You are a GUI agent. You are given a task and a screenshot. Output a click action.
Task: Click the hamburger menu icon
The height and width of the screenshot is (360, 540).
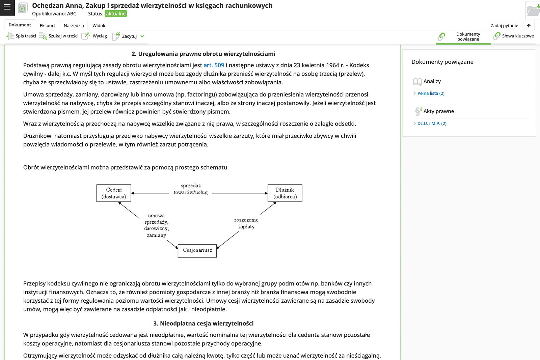tap(7, 7)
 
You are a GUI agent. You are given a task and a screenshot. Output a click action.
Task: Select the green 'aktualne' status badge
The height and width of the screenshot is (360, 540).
tap(115, 14)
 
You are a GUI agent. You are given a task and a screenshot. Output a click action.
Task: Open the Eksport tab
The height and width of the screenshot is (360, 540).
tap(47, 26)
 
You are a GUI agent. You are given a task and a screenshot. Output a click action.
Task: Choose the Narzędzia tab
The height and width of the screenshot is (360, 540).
tap(74, 26)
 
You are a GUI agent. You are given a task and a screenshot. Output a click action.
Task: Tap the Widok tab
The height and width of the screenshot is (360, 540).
tap(99, 26)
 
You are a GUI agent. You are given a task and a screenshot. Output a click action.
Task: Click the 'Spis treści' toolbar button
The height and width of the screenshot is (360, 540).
tap(21, 36)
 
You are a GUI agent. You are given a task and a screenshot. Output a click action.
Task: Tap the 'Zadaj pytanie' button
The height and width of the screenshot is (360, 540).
tap(504, 26)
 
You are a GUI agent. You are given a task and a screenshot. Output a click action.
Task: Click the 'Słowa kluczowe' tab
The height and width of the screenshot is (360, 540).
tap(514, 36)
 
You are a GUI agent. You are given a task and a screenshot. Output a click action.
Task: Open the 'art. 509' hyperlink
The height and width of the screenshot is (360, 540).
tap(214, 65)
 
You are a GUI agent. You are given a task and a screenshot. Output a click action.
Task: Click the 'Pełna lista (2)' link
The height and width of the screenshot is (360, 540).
tap(431, 93)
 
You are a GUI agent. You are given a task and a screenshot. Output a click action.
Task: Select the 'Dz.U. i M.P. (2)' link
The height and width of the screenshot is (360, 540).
tap(432, 123)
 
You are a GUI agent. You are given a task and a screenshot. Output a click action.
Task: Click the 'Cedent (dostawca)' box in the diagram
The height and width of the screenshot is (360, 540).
tap(114, 193)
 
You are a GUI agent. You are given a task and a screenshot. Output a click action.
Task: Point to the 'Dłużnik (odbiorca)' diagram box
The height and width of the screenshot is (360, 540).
tap(285, 193)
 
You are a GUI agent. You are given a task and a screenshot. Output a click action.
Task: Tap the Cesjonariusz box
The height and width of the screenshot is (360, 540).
tap(197, 251)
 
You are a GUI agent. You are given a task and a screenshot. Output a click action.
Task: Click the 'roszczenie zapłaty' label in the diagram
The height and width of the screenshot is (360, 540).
tap(246, 223)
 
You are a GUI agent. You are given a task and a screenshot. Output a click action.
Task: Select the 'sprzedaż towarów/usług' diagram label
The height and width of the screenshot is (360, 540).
tap(191, 189)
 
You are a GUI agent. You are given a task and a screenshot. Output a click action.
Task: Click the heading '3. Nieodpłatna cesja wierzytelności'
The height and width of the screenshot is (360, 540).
tap(203, 324)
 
